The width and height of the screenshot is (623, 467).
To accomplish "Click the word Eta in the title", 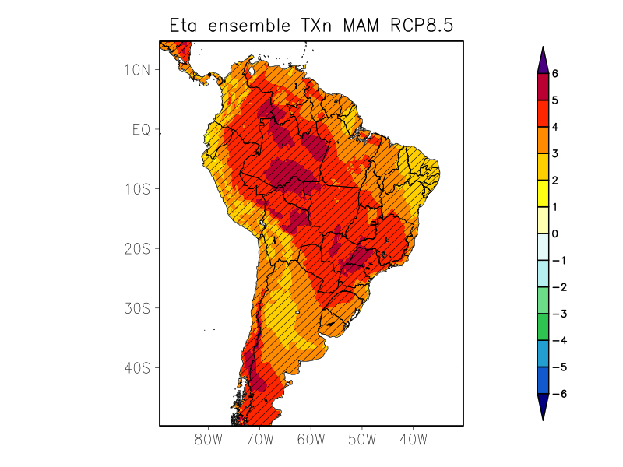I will [x=186, y=26].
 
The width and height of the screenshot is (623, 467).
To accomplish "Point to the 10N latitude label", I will [x=136, y=69].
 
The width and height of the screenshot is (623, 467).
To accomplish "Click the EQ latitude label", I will [x=140, y=129].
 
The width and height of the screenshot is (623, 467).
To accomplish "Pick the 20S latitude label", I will [x=136, y=248].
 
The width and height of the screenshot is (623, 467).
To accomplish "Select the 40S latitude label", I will [x=136, y=367].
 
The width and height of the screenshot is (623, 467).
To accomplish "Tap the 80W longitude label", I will [x=209, y=440].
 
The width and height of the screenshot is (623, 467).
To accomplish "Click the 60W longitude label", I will [x=311, y=440].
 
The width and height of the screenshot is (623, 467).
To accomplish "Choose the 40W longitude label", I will [x=413, y=440].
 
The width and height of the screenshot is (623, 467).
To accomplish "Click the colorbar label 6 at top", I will [x=555, y=74].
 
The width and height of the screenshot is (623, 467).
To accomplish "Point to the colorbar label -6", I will [x=558, y=394].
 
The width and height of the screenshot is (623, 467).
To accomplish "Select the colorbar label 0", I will [x=555, y=233].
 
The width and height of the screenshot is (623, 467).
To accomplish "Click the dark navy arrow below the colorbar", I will [x=543, y=406].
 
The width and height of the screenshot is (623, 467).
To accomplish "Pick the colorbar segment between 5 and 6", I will [x=543, y=86].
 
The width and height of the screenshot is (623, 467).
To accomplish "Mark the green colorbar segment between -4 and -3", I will [x=543, y=327].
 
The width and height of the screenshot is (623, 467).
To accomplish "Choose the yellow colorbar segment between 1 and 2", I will [x=543, y=193].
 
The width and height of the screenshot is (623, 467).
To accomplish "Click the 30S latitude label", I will [x=136, y=308].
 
